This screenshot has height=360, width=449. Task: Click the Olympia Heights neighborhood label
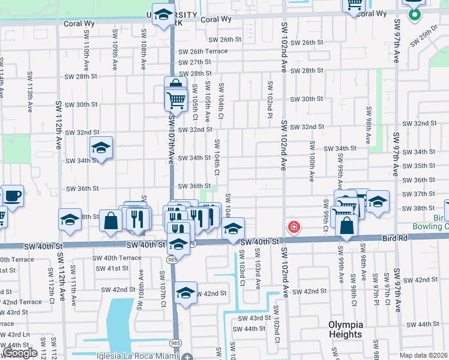pyautogui.click(x=345, y=329)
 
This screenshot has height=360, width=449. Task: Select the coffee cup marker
pyautogui.click(x=13, y=195)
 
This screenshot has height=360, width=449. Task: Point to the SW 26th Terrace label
pyautogui.click(x=203, y=51)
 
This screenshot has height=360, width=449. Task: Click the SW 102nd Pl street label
pyautogui.click(x=270, y=99)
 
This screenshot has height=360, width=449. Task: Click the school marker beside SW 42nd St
pyautogui.click(x=186, y=293)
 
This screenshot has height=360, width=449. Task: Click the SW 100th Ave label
pyautogui.click(x=312, y=162)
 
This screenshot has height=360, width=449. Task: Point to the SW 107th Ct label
pyautogui.click(x=162, y=288)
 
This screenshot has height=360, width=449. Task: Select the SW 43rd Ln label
pyautogui.click(x=11, y=334)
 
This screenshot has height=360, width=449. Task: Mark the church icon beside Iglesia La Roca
pyautogui.click(x=187, y=355)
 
